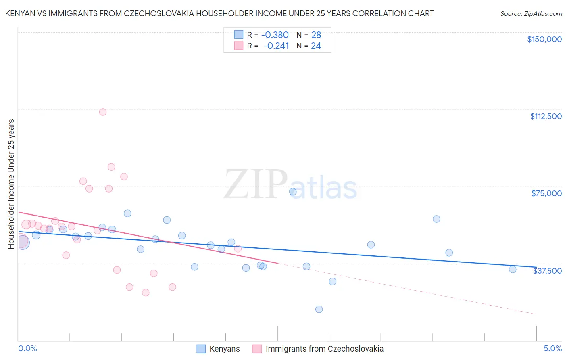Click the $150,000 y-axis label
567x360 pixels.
(544, 39)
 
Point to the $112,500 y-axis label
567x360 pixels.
(546, 116)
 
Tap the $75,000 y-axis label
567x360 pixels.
(546, 193)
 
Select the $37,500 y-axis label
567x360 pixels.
(547, 271)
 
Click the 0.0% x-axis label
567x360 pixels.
(27, 349)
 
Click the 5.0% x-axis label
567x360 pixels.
(552, 349)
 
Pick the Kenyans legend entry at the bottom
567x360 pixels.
(218, 349)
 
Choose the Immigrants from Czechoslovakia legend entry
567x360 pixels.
(318, 349)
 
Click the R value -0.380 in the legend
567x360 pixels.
(275, 35)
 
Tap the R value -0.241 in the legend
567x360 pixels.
(276, 46)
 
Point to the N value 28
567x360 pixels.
(316, 35)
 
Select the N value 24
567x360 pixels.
(316, 46)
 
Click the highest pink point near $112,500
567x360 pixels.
(103, 112)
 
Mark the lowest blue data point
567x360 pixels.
(319, 309)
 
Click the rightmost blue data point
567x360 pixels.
(513, 270)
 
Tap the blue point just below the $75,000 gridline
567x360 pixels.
(293, 192)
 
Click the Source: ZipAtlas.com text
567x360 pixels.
(531, 14)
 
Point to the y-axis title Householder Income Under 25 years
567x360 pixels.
(11, 184)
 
